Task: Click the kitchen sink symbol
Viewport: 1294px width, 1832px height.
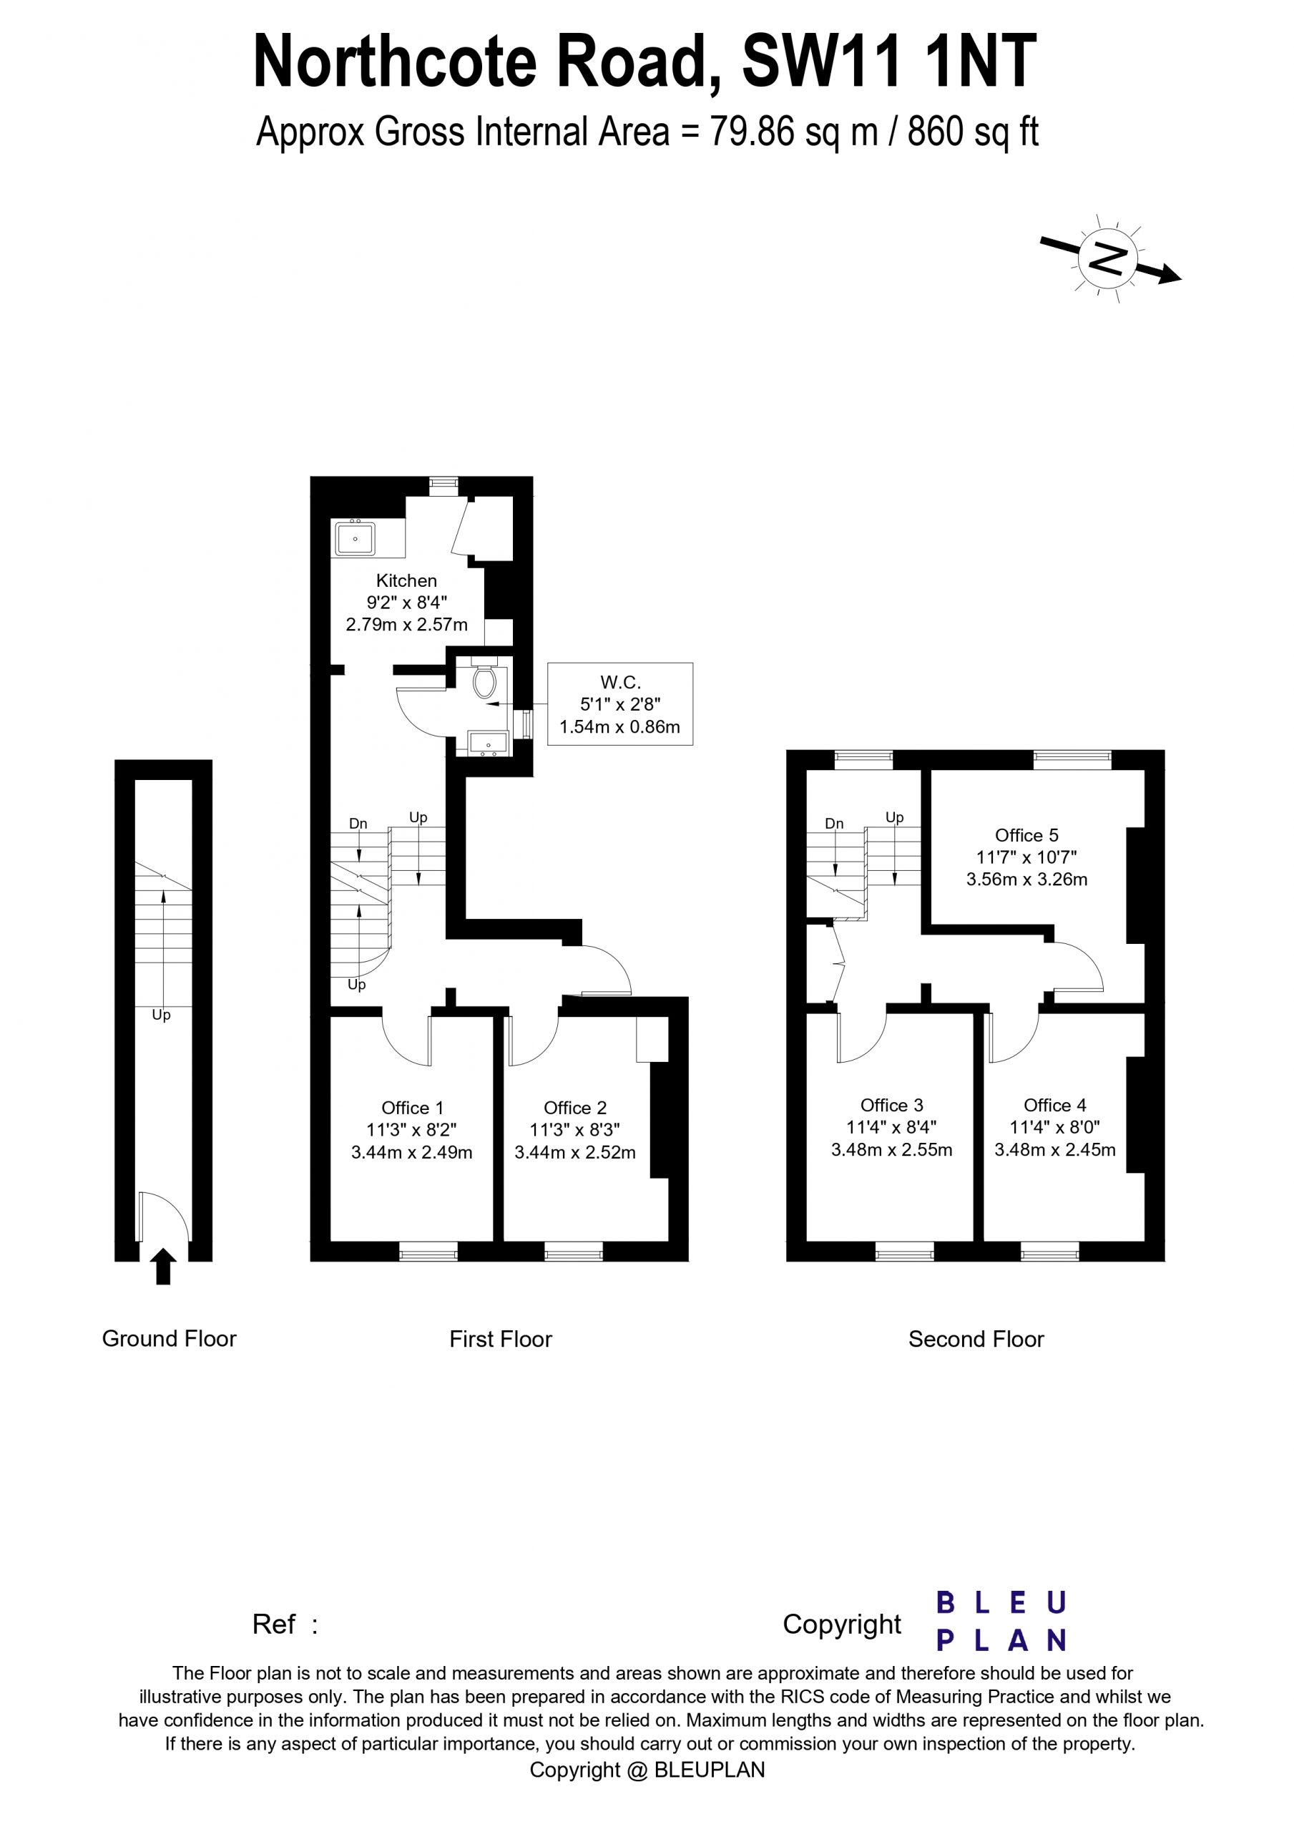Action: (355, 539)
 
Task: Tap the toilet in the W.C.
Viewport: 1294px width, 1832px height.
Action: (484, 682)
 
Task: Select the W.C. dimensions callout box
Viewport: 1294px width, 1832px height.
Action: (620, 703)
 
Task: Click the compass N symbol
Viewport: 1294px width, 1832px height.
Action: (1107, 258)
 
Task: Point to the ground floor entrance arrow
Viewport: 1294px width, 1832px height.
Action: (163, 1266)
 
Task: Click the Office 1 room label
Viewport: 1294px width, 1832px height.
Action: (411, 1108)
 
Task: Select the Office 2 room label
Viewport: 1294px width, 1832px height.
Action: (574, 1108)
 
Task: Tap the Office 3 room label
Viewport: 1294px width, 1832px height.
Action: (891, 1105)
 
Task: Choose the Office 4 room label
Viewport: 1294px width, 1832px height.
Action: (1054, 1105)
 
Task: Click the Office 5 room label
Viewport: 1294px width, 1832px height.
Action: (1026, 835)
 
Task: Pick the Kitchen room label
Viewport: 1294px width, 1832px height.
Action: (406, 581)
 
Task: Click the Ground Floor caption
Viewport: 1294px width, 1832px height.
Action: (169, 1338)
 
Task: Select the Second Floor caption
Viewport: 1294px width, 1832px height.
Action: (976, 1339)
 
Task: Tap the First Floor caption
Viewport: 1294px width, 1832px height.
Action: (500, 1339)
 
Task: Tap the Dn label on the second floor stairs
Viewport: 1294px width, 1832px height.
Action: (833, 824)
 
